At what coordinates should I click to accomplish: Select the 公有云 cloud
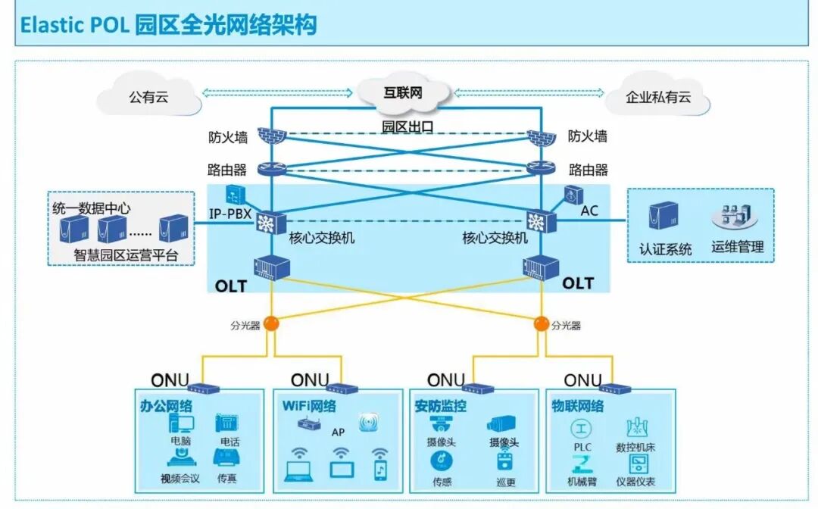(x=148, y=98)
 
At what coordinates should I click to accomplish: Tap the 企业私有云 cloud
(x=657, y=98)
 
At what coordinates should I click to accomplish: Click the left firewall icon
(x=269, y=137)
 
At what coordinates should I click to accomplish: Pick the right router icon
(x=541, y=170)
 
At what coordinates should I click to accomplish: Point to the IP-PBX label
(x=231, y=214)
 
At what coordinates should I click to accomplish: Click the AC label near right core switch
(x=589, y=211)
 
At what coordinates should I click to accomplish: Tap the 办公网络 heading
(x=166, y=406)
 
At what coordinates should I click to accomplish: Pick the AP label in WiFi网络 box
(x=338, y=432)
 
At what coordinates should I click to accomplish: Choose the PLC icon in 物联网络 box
(x=582, y=429)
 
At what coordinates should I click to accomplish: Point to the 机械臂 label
(x=582, y=482)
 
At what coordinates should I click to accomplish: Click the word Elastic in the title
(x=50, y=26)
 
